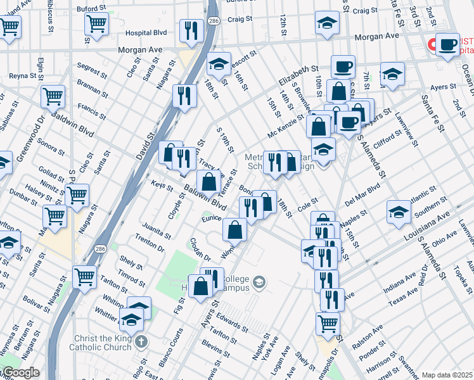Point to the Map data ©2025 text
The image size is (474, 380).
click(447, 375)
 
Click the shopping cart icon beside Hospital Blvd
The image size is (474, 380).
click(96, 24)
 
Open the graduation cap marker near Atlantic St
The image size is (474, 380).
click(399, 211)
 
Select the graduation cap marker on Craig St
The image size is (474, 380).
click(327, 24)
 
